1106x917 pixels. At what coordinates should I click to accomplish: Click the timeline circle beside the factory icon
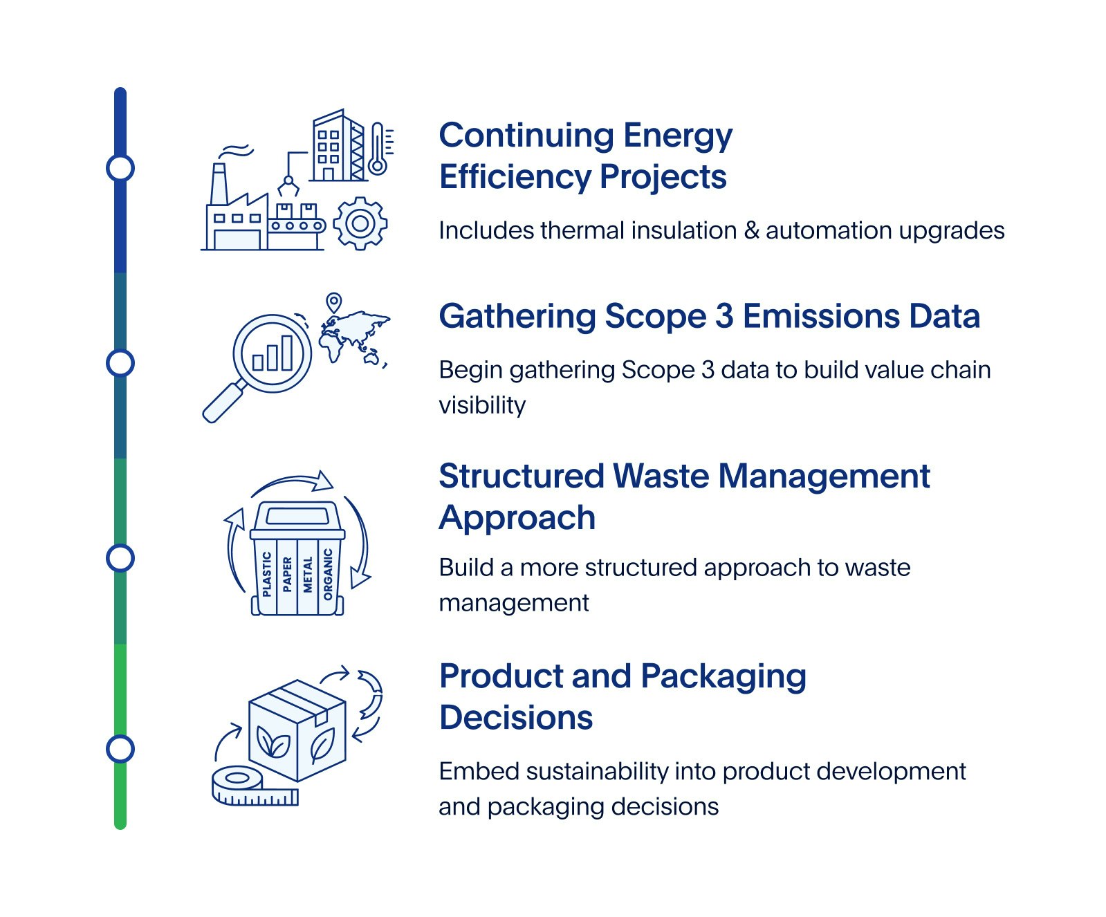coord(120,168)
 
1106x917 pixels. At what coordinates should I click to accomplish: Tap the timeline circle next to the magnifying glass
coord(120,363)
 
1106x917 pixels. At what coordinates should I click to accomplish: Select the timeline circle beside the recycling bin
coord(120,558)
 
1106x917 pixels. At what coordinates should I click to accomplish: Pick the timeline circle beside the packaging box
coord(120,749)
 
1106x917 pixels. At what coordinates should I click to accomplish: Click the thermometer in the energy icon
coord(378,149)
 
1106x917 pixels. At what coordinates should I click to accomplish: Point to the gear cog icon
coord(360,223)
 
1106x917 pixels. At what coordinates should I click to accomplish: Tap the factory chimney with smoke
coord(219,183)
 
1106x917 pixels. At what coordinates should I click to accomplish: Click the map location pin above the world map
coord(334,303)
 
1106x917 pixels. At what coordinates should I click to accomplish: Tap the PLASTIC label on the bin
coord(267,573)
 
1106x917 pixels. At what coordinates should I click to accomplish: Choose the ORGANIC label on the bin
coord(328,574)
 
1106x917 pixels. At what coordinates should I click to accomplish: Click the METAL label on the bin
coord(308,574)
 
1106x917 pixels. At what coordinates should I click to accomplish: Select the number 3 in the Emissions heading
coord(724,316)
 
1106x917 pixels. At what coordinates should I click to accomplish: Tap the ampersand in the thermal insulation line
coord(751,230)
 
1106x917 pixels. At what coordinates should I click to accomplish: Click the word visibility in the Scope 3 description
coord(482,405)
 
